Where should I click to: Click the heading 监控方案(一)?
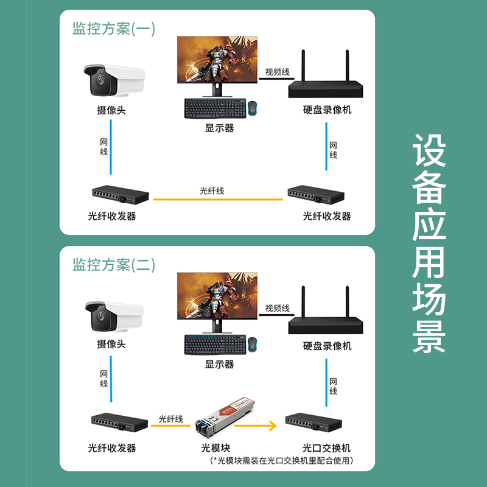pyautogui.click(x=114, y=29)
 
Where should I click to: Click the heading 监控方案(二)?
pyautogui.click(x=114, y=265)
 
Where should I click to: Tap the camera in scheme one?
pyautogui.click(x=114, y=80)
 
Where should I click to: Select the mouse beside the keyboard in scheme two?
pyautogui.click(x=253, y=344)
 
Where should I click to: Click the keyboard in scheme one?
pyautogui.click(x=215, y=108)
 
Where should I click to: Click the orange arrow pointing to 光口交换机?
pyautogui.click(x=255, y=426)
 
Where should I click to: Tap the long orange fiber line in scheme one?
pyautogui.click(x=218, y=200)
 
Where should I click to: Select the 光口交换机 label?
pyautogui.click(x=326, y=448)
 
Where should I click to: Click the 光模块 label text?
pyautogui.click(x=215, y=448)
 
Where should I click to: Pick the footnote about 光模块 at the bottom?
pyautogui.click(x=282, y=460)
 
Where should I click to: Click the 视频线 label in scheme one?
pyautogui.click(x=277, y=72)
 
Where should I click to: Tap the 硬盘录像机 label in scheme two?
pyautogui.click(x=327, y=346)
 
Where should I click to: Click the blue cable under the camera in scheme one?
pyautogui.click(x=111, y=147)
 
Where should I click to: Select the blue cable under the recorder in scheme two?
pyautogui.click(x=326, y=383)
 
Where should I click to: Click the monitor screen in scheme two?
pyautogui.click(x=217, y=296)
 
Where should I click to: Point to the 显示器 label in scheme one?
pyautogui.click(x=219, y=128)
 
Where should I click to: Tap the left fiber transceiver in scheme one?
pyautogui.click(x=121, y=195)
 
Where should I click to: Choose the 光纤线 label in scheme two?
pyautogui.click(x=171, y=419)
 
